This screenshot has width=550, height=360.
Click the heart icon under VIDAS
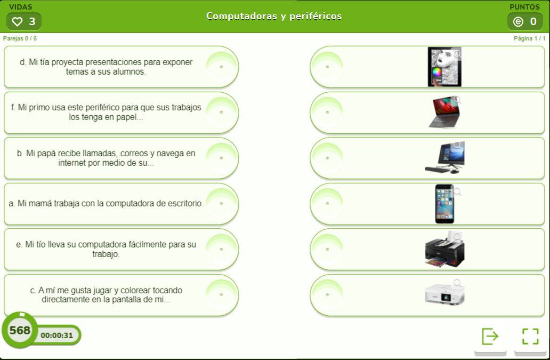pyautogui.click(x=17, y=22)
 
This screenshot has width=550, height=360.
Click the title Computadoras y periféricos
pyautogui.click(x=274, y=16)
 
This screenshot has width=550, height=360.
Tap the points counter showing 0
pyautogui.click(x=525, y=22)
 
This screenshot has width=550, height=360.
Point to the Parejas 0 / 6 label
pyautogui.click(x=20, y=38)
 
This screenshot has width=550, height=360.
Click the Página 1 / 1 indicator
pyautogui.click(x=529, y=38)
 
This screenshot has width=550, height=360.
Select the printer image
pyautogui.click(x=444, y=249)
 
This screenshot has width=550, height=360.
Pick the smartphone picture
pyautogui.click(x=444, y=204)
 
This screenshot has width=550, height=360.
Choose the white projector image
pyautogui.click(x=444, y=295)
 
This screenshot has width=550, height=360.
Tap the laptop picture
pyautogui.click(x=444, y=113)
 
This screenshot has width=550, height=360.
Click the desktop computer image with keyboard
pyautogui.click(x=444, y=158)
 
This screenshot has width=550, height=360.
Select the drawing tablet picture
pyautogui.click(x=444, y=67)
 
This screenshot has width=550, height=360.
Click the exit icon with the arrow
pyautogui.click(x=490, y=337)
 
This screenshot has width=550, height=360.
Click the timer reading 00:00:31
pyautogui.click(x=57, y=335)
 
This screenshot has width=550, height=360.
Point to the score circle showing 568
pyautogui.click(x=20, y=330)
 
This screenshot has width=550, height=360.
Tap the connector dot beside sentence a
pyautogui.click(x=221, y=204)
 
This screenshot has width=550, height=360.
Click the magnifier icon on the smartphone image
pyautogui.click(x=457, y=191)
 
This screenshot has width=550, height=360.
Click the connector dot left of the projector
pyautogui.click(x=328, y=295)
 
